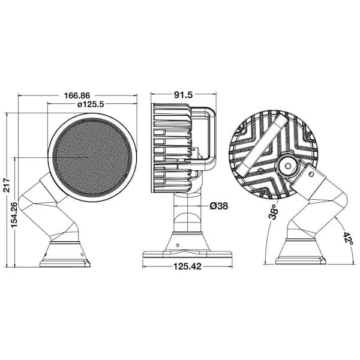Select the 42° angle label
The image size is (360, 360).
click(346, 240)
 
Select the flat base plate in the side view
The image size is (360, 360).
click(180, 253)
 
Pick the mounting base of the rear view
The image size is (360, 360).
click(301, 254)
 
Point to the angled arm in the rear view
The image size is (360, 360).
click(318, 207)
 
